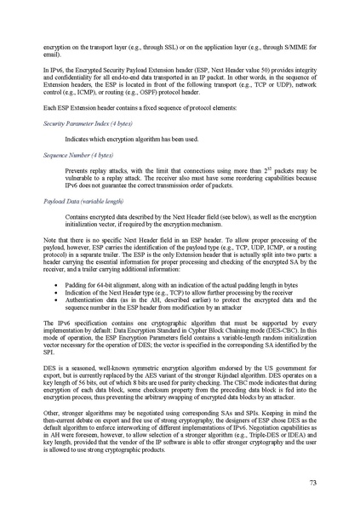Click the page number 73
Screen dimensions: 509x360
(x=313, y=483)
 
